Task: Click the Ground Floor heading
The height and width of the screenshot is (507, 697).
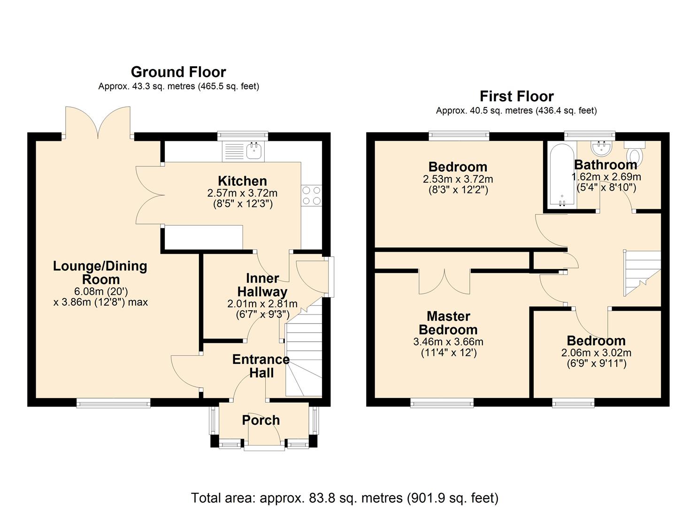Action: (x=178, y=72)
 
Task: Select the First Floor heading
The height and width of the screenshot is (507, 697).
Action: (x=516, y=96)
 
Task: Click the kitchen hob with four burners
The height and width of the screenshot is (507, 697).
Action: (x=312, y=195)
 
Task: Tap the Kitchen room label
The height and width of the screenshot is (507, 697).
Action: (x=242, y=181)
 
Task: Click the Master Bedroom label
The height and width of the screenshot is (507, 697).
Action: (x=448, y=323)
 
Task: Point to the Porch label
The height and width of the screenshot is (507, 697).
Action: (x=261, y=420)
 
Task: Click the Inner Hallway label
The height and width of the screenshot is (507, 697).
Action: (x=262, y=285)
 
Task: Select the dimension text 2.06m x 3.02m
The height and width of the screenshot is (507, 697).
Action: (x=596, y=353)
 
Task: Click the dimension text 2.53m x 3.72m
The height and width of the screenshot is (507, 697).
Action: (x=458, y=179)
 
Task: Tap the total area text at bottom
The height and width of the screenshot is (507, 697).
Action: (x=345, y=498)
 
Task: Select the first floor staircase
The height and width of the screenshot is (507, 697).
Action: (x=642, y=272)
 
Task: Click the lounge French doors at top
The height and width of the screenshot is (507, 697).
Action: (x=98, y=123)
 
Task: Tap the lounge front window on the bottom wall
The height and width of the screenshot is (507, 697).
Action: (x=114, y=402)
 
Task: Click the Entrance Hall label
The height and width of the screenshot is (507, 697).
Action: (x=261, y=366)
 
